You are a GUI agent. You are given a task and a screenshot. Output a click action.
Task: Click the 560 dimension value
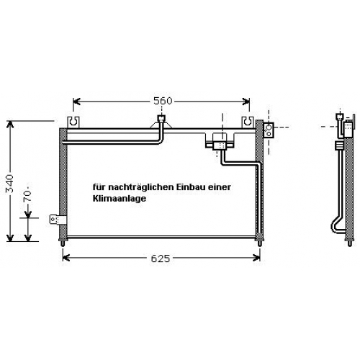(163, 101)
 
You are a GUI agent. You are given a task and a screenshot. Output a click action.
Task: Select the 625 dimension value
(161, 258)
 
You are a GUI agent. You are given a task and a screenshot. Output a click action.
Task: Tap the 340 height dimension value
(10, 184)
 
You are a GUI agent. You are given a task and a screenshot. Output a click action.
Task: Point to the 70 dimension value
(28, 194)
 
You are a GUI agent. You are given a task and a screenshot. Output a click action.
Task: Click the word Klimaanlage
(120, 199)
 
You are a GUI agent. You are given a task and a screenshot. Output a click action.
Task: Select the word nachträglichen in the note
(141, 187)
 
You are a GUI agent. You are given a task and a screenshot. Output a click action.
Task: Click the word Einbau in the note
(190, 186)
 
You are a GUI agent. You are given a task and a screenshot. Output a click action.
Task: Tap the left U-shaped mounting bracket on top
(73, 122)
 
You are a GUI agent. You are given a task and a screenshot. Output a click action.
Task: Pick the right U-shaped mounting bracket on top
(248, 122)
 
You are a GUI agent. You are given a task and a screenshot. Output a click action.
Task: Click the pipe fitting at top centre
(161, 119)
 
